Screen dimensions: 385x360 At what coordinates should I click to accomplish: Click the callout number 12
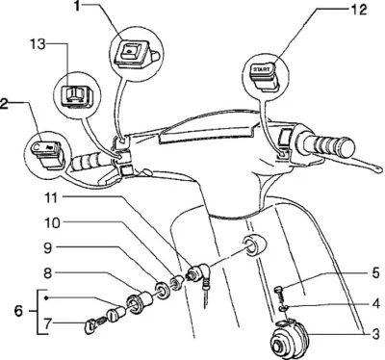click(358, 10)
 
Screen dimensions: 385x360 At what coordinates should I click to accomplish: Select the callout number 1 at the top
click(76, 6)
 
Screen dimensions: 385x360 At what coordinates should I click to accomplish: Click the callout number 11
click(50, 198)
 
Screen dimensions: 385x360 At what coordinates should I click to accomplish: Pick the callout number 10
click(51, 222)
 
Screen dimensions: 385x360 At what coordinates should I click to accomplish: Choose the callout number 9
click(48, 248)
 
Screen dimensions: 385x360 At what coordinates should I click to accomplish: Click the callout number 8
click(48, 273)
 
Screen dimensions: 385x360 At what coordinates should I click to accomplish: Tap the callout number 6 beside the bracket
click(19, 311)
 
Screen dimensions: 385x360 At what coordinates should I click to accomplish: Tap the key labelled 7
click(91, 327)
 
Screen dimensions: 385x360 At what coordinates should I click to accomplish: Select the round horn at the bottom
click(287, 341)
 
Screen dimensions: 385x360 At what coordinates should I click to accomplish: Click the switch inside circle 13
click(77, 95)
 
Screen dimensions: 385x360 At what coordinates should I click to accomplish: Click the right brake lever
click(348, 162)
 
